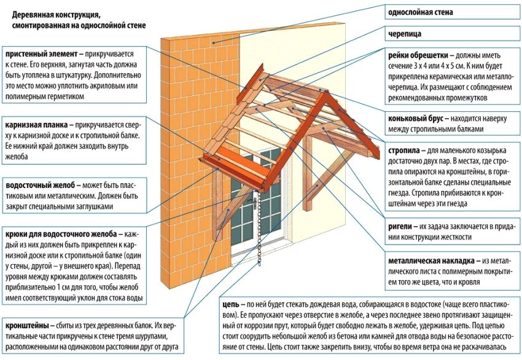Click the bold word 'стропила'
coord(403,150)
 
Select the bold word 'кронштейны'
coord(27,325)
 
